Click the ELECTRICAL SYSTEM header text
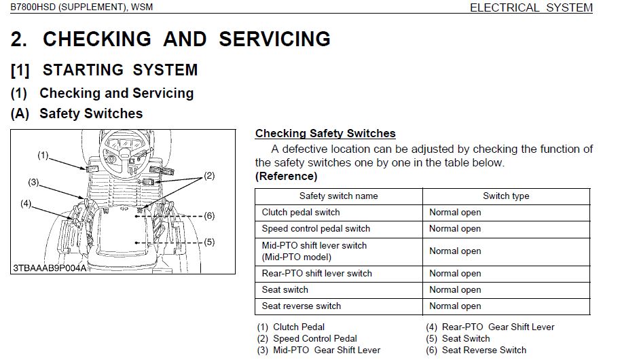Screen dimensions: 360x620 531,8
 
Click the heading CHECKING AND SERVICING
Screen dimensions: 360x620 170,39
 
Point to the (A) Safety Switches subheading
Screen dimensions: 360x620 77,113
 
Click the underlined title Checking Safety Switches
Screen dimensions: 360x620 325,134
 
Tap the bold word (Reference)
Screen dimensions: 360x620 286,176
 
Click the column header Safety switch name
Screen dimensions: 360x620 338,196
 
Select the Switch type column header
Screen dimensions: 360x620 506,196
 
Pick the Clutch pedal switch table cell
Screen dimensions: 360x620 301,213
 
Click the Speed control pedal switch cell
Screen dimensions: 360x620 316,229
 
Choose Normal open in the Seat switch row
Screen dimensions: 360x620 455,290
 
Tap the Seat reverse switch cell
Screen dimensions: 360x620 302,306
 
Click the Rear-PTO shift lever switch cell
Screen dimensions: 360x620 317,274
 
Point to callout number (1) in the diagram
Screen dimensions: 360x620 43,156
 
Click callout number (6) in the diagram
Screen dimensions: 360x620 209,216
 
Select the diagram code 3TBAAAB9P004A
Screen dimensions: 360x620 50,268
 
